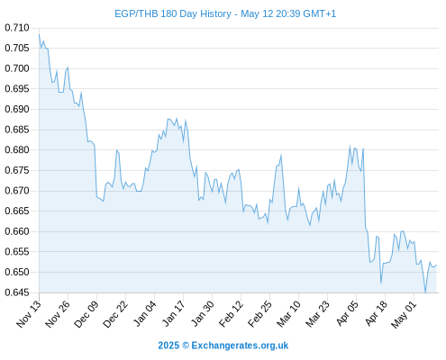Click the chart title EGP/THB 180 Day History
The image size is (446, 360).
(x=173, y=13)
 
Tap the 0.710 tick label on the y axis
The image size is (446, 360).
(x=17, y=28)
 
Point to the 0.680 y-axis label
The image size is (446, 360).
(x=17, y=149)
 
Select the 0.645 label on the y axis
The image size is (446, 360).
(x=17, y=292)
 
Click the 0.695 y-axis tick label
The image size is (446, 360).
(x=17, y=89)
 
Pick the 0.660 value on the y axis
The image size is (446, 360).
(x=17, y=231)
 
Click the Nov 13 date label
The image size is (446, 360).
(x=28, y=314)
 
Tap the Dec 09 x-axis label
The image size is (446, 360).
(x=86, y=314)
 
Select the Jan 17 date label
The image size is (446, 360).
(x=173, y=313)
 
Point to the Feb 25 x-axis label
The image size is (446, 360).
(x=259, y=314)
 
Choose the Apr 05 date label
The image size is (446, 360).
(x=347, y=313)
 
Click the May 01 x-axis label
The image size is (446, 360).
(x=404, y=314)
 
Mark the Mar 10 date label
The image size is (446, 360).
(x=288, y=314)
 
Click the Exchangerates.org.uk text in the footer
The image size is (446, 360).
(x=240, y=346)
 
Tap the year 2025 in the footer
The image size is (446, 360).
(x=168, y=346)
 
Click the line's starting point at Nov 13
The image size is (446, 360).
(x=39, y=34)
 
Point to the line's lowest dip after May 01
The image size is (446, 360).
(x=425, y=292)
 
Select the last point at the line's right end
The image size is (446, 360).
(x=436, y=265)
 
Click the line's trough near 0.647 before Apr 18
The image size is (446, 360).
(x=381, y=283)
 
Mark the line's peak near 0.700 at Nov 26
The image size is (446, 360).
(x=68, y=67)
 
